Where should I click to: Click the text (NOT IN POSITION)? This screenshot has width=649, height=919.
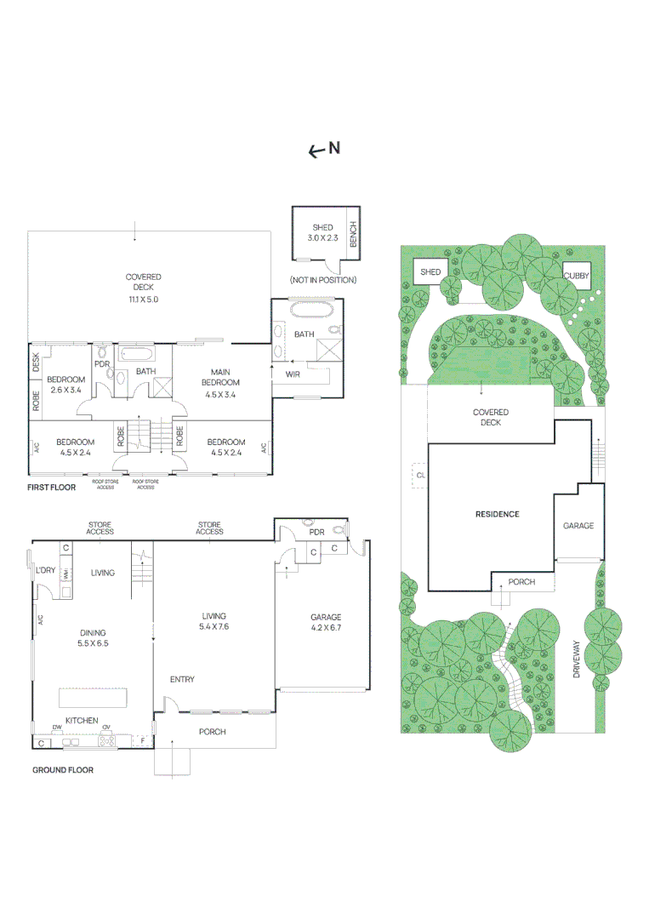[x=322, y=280]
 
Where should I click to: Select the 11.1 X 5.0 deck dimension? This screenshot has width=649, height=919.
[x=143, y=300]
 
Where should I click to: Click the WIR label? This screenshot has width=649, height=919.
[x=293, y=374]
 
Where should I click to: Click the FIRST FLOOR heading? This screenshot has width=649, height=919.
[x=52, y=488]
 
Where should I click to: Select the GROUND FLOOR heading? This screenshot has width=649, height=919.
[x=63, y=770]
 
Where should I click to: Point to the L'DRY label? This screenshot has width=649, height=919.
[x=45, y=571]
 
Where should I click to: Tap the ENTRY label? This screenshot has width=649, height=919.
[x=182, y=679]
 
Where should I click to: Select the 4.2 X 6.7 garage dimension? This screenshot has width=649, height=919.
[x=325, y=629]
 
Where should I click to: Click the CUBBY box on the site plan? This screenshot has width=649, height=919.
[x=576, y=277]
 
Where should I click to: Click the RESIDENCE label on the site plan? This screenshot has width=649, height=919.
[x=497, y=514]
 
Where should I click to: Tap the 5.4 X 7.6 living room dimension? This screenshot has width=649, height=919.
[x=214, y=626]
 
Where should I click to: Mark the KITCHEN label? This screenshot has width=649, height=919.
[x=83, y=721]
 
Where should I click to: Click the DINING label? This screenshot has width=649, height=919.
[x=93, y=632]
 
